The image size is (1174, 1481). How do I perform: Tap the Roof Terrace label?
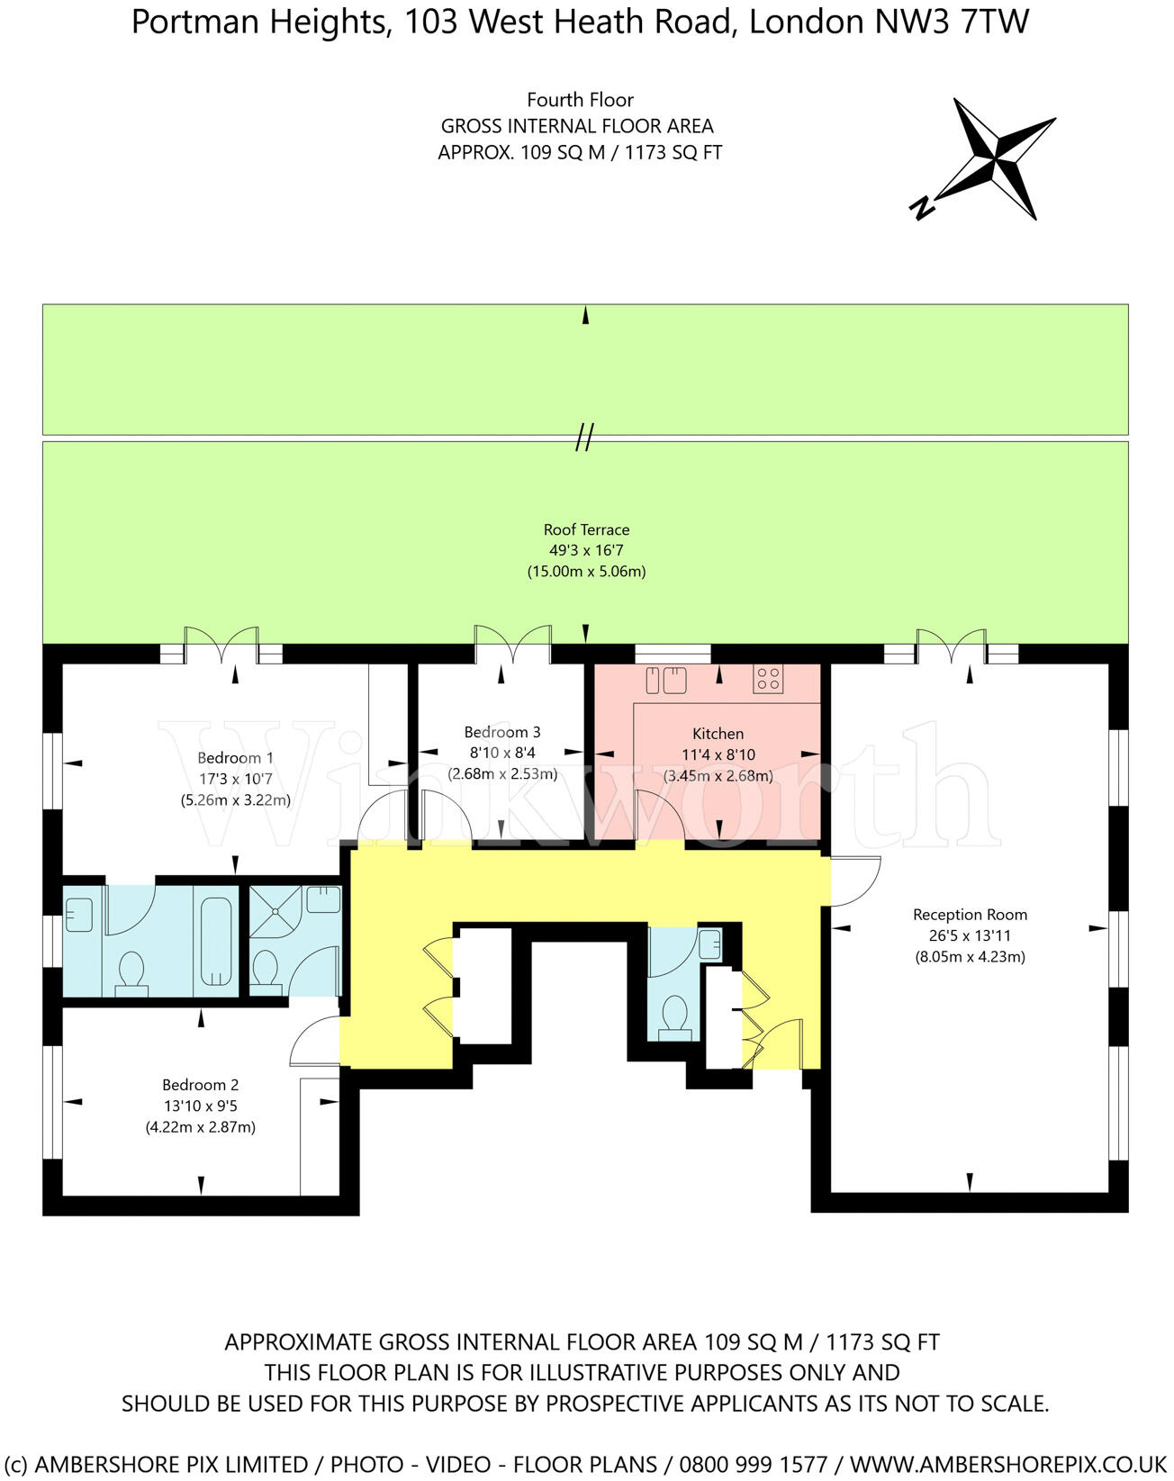(586, 529)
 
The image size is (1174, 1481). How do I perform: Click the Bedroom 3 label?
(502, 732)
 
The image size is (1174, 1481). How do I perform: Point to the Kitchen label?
(718, 734)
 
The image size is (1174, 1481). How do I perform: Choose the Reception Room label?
(970, 915)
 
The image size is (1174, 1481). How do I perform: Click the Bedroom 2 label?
(200, 1085)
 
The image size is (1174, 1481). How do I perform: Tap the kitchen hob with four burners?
(768, 678)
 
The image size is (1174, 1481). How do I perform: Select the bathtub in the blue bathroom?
(216, 941)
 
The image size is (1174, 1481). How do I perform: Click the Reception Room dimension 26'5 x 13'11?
(970, 935)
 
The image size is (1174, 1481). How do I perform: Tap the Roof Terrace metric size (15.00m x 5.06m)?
(586, 571)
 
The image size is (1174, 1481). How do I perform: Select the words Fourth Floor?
(580, 100)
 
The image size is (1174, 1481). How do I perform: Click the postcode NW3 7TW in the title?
(953, 23)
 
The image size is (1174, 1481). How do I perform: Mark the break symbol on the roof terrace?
(585, 438)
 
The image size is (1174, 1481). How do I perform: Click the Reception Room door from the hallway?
(855, 880)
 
